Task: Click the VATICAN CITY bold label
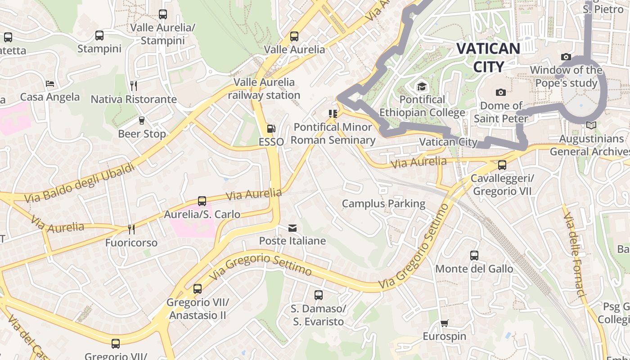pos(488,57)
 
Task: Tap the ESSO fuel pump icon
pos(271,129)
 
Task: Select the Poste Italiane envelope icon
pos(292,229)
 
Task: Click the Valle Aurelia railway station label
pos(264,89)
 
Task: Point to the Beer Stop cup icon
pos(142,121)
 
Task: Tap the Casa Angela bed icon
pos(50,84)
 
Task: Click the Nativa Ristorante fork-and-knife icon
pos(133,85)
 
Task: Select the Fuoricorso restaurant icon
pos(131,229)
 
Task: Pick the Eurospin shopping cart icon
pos(445,323)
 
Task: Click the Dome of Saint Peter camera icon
pos(500,93)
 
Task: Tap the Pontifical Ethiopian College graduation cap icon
pos(422,86)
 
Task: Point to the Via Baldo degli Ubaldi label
pos(80,184)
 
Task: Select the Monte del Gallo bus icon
pos(474,256)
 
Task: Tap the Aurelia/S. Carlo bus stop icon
pos(202,201)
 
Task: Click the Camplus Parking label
pos(383,204)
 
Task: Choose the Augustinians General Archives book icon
pos(591,126)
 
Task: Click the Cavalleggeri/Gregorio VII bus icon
pos(502,165)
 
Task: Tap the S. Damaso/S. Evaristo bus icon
pos(319,295)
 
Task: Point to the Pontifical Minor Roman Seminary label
pos(333,134)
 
